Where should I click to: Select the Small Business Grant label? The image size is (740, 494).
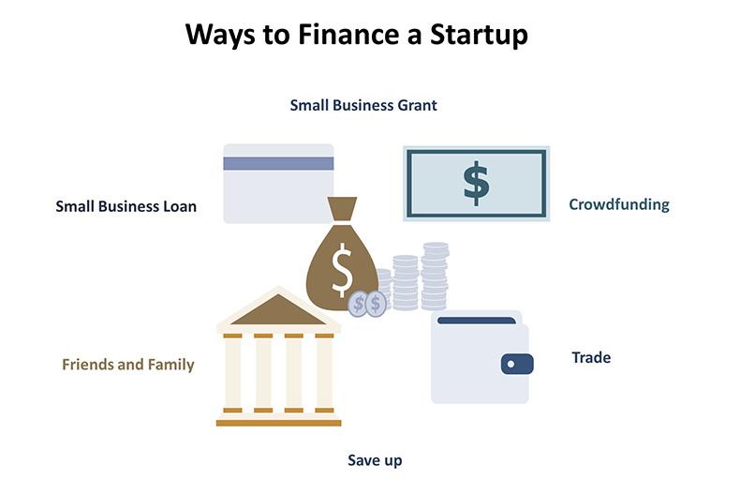click(363, 105)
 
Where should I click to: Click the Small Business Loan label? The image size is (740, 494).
click(126, 206)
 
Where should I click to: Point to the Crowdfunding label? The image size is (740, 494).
click(619, 204)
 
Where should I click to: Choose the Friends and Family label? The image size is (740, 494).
click(128, 365)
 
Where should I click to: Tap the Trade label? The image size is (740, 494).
click(591, 357)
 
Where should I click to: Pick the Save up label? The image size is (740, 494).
click(375, 460)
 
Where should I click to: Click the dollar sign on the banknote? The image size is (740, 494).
click(476, 183)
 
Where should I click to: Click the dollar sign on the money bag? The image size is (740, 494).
click(343, 268)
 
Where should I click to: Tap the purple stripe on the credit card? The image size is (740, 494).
click(278, 163)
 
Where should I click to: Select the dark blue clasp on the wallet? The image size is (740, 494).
click(516, 364)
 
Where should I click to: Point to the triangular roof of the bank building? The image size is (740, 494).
click(278, 310)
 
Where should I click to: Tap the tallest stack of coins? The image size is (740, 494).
click(435, 276)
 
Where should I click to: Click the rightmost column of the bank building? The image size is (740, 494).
click(324, 373)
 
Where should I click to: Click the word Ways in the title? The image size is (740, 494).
click(224, 35)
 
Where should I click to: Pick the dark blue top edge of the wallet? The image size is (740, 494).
click(478, 320)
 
